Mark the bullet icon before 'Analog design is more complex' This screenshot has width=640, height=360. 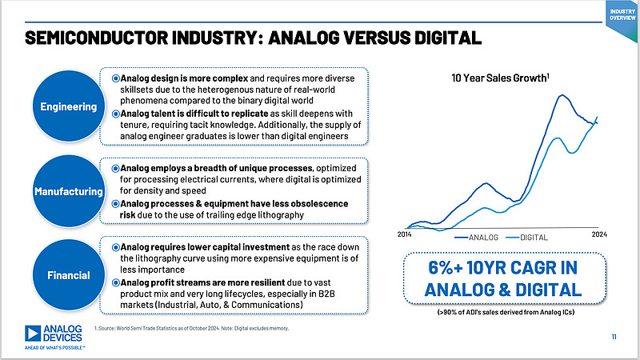(x=116, y=79)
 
